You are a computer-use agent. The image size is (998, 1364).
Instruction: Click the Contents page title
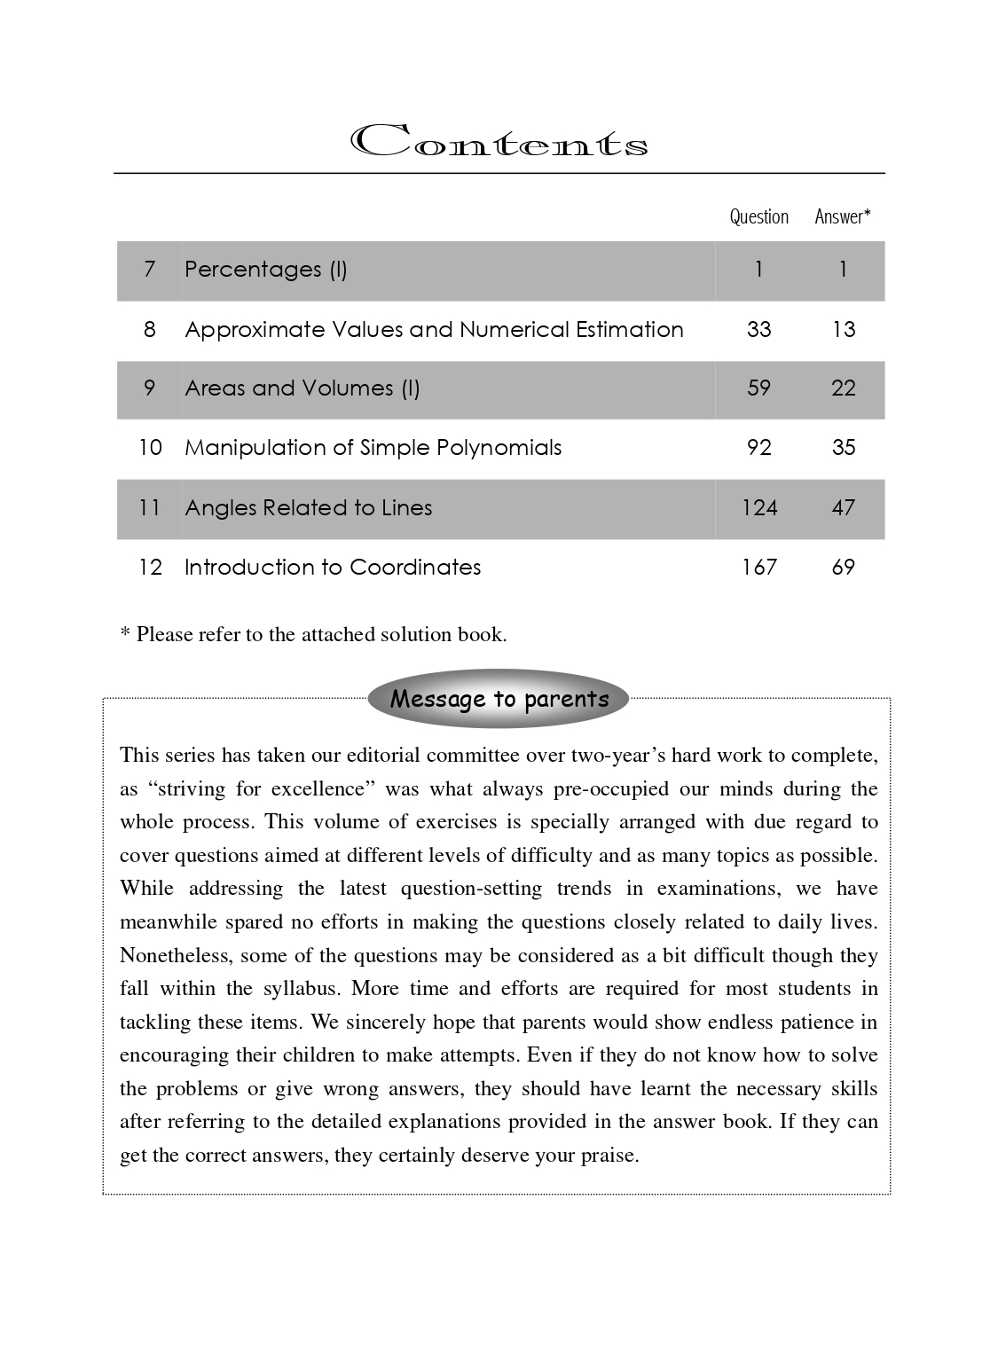[x=499, y=143]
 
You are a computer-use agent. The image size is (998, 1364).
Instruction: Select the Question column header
[x=758, y=216]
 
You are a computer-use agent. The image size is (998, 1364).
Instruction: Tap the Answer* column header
[x=843, y=216]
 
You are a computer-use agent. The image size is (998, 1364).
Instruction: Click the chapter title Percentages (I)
[x=265, y=270]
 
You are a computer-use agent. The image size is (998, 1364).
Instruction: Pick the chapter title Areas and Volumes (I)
[x=302, y=388]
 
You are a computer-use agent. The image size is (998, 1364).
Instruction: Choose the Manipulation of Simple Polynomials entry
[x=373, y=448]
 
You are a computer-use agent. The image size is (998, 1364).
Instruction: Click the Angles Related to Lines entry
[x=308, y=508]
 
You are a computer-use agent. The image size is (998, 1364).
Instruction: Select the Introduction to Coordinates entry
[x=333, y=568]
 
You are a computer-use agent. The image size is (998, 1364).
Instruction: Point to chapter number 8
[x=149, y=330]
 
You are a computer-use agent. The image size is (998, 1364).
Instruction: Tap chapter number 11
[x=149, y=508]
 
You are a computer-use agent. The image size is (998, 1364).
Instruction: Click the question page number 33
[x=758, y=330]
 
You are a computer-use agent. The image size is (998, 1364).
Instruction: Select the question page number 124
[x=759, y=508]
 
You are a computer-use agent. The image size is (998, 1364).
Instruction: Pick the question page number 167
[x=759, y=568]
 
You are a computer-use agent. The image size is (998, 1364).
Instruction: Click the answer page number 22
[x=843, y=388]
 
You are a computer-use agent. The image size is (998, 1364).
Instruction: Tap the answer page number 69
[x=843, y=568]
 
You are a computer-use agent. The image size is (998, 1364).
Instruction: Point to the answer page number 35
[x=843, y=448]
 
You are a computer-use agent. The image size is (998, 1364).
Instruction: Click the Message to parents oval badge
[x=499, y=699]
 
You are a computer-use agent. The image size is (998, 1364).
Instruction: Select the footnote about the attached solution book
[x=313, y=634]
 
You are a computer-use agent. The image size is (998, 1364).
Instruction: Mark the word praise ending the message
[x=609, y=1156]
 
